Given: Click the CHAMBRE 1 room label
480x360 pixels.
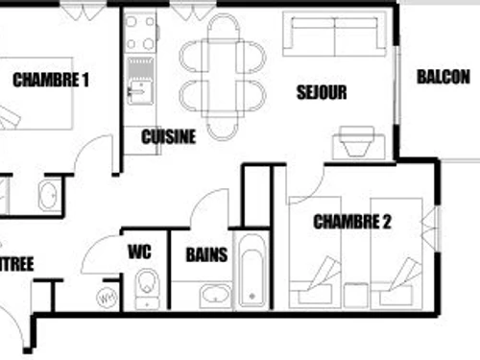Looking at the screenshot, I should [x=51, y=81].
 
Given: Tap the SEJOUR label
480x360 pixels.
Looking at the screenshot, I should [x=323, y=93].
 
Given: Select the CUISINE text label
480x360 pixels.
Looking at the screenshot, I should [x=168, y=136].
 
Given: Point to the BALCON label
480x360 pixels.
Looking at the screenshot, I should [x=444, y=77].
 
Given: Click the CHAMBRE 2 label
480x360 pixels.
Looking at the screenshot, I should [x=352, y=223].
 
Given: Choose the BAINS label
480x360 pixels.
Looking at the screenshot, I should [x=206, y=254].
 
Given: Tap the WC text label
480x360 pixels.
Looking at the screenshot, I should [x=139, y=253].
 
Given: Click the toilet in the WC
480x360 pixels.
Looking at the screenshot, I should [x=147, y=286].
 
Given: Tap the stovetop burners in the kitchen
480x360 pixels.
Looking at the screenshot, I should [x=141, y=34].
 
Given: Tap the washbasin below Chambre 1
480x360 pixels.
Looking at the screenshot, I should [x=47, y=196].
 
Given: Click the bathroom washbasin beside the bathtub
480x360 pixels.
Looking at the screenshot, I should [x=215, y=295].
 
